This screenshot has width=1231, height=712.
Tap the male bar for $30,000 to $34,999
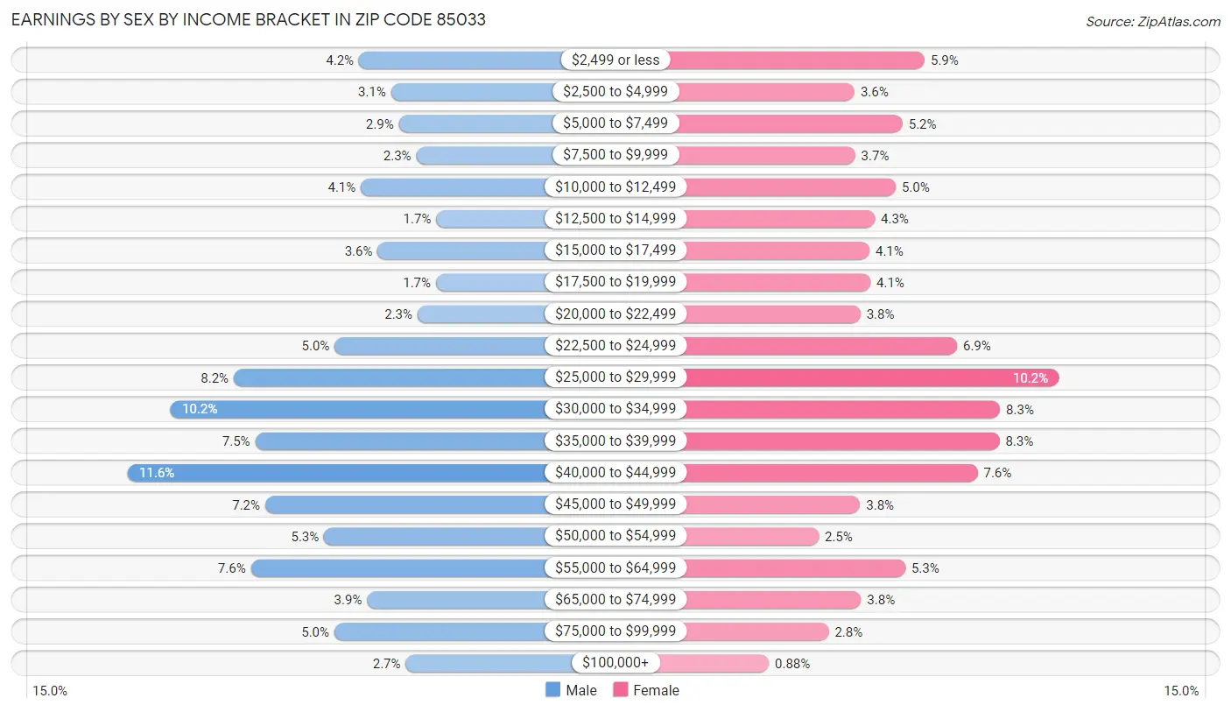[359, 410]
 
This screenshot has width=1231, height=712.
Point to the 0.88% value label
[792, 664]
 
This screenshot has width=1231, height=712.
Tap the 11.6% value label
[157, 473]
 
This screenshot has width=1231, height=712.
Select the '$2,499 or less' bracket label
[615, 60]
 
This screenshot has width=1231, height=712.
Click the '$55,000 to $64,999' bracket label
[615, 568]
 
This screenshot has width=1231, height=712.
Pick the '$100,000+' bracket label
[615, 664]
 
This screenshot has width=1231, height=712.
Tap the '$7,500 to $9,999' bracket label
[615, 155]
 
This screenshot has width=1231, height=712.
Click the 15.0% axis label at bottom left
[50, 691]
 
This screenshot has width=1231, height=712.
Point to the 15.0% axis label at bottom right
[1180, 691]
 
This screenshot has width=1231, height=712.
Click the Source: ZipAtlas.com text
[1152, 21]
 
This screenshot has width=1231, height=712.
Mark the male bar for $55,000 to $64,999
[403, 568]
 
